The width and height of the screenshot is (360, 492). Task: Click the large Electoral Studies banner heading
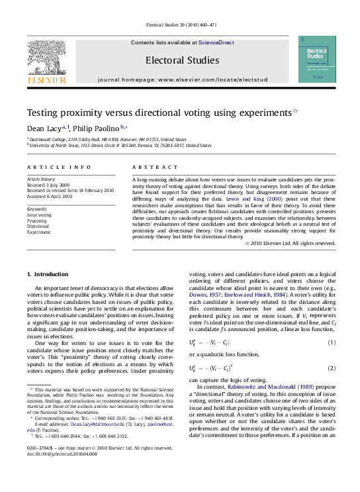tap(181, 59)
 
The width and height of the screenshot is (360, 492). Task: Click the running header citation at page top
tap(180, 26)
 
